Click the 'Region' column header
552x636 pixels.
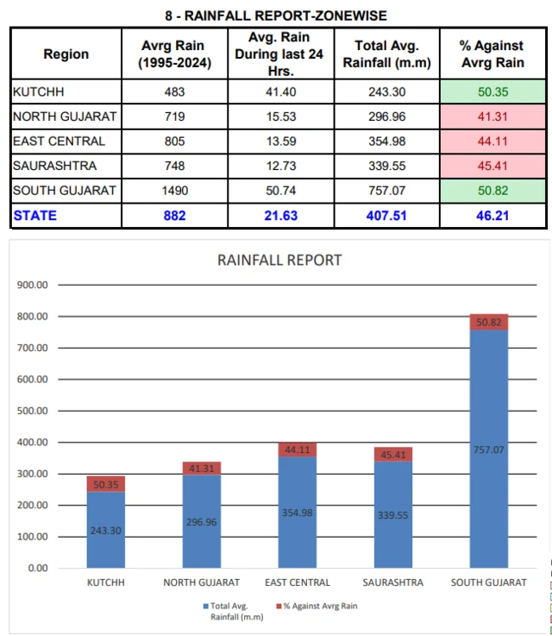click(66, 54)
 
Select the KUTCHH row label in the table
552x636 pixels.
click(39, 91)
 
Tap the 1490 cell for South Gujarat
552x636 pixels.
click(175, 191)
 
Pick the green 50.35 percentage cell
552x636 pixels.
click(492, 91)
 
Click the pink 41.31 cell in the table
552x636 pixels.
click(492, 116)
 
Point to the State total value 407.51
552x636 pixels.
click(386, 216)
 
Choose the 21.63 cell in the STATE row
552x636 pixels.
click(281, 216)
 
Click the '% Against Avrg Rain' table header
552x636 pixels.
click(492, 54)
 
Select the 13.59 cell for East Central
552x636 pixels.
click(281, 142)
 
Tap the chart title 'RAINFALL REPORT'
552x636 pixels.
click(279, 260)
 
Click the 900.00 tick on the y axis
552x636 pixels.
click(33, 285)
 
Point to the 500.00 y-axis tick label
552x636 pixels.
click(33, 411)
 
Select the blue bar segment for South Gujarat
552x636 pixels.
click(489, 449)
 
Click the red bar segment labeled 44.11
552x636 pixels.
click(297, 450)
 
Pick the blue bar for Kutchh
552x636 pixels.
click(106, 530)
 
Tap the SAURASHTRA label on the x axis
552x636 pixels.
click(392, 582)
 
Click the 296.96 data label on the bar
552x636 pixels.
click(202, 522)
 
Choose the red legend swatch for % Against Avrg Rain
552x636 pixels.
click(279, 606)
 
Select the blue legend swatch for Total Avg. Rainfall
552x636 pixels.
click(206, 606)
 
